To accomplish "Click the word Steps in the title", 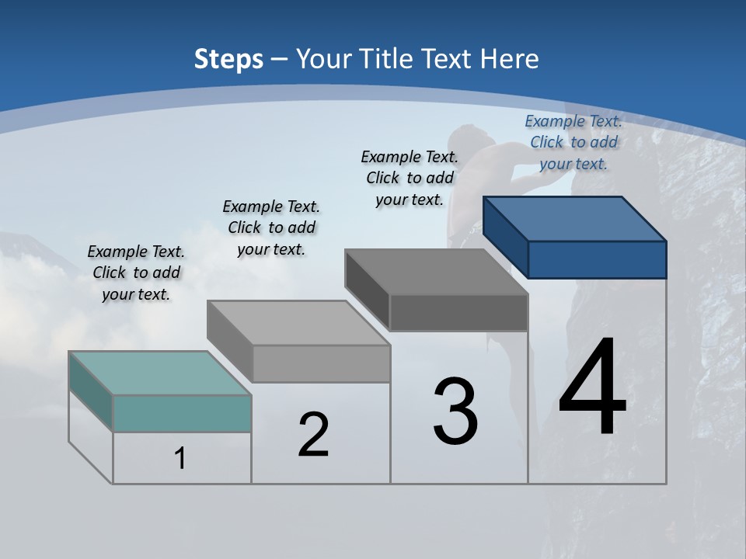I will click(x=228, y=59).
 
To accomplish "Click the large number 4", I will click(x=592, y=388).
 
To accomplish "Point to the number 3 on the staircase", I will click(x=455, y=411).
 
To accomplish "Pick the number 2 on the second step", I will click(x=313, y=435).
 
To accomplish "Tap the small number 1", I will click(x=180, y=459).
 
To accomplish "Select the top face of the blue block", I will click(x=575, y=218).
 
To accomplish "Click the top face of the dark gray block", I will click(x=436, y=272).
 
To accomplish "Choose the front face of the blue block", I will click(x=597, y=259).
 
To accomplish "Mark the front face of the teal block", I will click(x=182, y=413).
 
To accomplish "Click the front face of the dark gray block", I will click(x=458, y=313).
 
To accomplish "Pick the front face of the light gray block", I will click(x=321, y=363).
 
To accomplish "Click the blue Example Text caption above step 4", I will click(x=573, y=142).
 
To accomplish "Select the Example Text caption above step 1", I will click(x=136, y=273).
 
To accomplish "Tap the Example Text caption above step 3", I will click(x=410, y=178).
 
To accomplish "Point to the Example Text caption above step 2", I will click(x=271, y=227).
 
